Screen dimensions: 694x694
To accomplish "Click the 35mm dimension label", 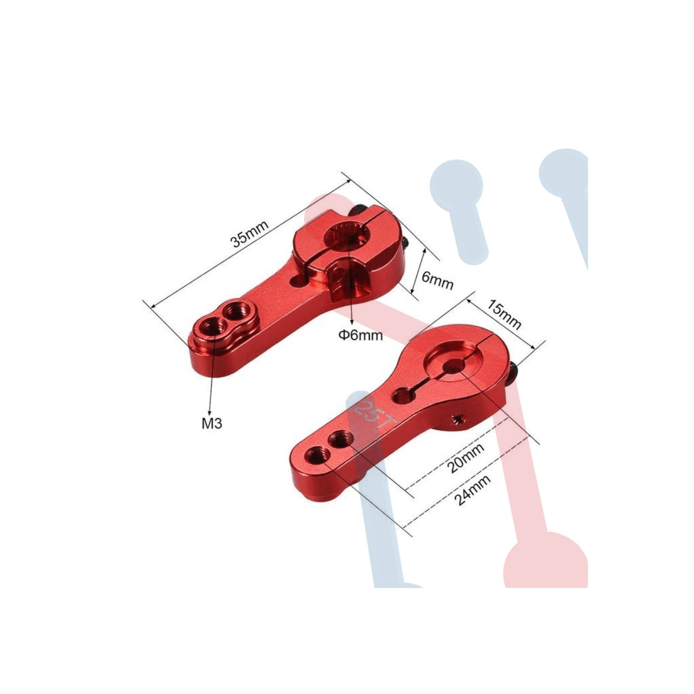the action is (x=250, y=234).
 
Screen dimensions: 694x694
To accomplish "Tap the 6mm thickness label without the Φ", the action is (x=437, y=281).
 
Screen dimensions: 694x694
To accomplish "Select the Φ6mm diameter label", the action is (x=360, y=335).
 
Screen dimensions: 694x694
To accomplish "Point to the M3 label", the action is (x=212, y=424).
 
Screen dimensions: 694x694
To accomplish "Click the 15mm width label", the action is (x=504, y=315).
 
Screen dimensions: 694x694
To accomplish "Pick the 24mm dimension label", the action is (x=472, y=490).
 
